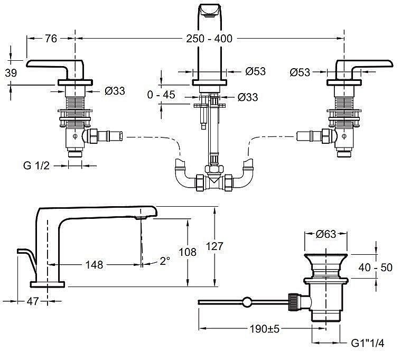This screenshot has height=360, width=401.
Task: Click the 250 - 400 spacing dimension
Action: pos(209,39)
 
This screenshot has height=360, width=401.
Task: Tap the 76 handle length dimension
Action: pos(51,39)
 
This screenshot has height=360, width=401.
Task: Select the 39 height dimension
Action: pos(10,73)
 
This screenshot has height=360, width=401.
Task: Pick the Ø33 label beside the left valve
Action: pos(115,90)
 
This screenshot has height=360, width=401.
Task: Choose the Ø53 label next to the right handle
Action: pos(300,72)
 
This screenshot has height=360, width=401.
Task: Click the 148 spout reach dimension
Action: pos(94,264)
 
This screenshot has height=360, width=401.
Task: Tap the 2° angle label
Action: pos(165,261)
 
